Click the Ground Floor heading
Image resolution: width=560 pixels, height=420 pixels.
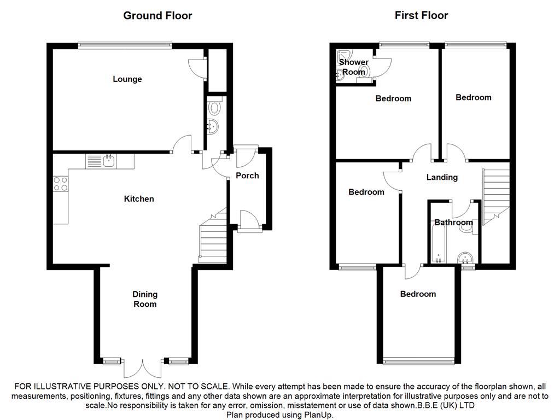point(157,15)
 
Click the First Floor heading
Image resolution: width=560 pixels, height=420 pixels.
point(421,15)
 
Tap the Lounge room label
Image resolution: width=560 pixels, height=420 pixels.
point(127,79)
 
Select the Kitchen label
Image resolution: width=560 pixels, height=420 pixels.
point(139,199)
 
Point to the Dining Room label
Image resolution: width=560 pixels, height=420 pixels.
point(145,299)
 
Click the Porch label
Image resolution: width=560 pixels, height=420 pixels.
point(247,176)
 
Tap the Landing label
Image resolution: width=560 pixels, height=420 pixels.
point(442,177)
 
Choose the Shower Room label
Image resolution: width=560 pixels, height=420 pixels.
point(354,67)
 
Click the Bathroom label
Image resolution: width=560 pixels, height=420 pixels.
point(453,223)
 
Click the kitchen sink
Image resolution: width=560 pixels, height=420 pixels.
point(109,161)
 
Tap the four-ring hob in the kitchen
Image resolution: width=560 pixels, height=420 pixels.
point(60,184)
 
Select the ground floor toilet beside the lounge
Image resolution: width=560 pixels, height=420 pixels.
point(214,107)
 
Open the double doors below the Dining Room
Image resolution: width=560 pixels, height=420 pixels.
point(142,367)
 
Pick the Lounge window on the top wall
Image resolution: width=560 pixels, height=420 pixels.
point(125,46)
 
